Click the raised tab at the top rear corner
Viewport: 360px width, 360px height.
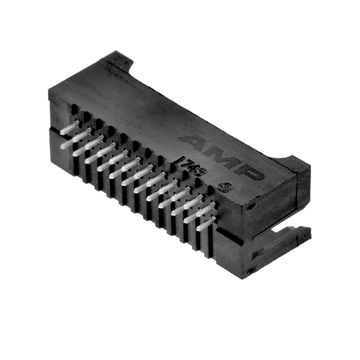[x=121, y=59]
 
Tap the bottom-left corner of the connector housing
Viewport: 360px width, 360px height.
[x=57, y=158]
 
